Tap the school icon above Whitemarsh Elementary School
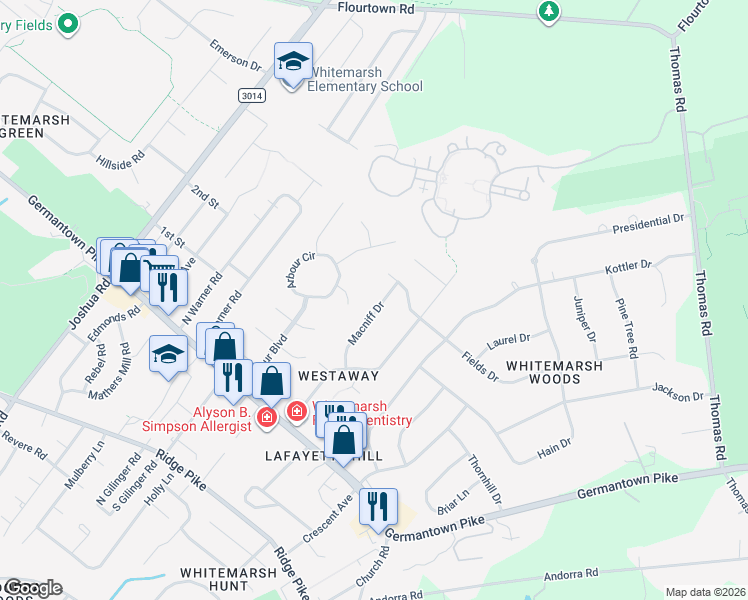point(293,62)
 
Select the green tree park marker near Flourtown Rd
point(547,12)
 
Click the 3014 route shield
point(253,95)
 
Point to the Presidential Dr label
point(650,223)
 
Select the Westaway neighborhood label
point(339,376)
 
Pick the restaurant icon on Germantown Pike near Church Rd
point(377,507)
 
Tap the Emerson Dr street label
point(235,55)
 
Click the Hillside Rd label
point(121,160)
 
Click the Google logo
point(32,588)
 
